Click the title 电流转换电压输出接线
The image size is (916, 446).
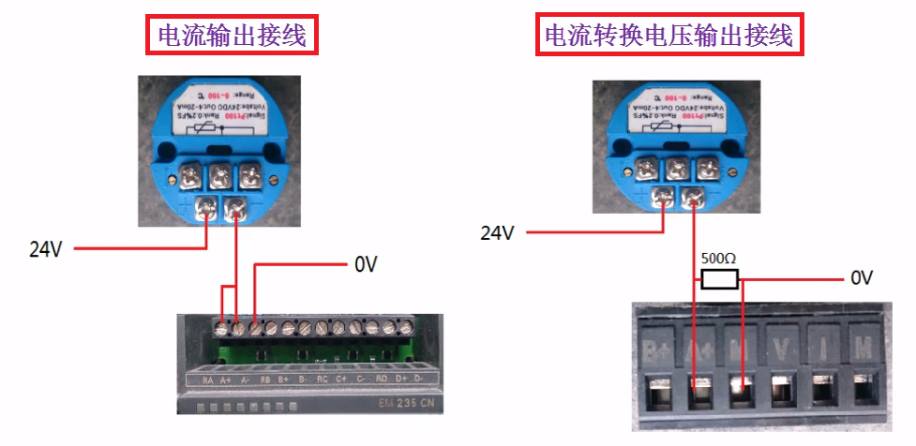(x=669, y=35)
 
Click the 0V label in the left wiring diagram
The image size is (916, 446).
(x=366, y=264)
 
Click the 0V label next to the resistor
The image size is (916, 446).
(x=862, y=277)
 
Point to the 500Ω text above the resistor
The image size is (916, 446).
(x=719, y=257)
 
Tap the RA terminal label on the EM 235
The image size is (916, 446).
(x=208, y=379)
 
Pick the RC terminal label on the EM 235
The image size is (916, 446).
(x=322, y=379)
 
